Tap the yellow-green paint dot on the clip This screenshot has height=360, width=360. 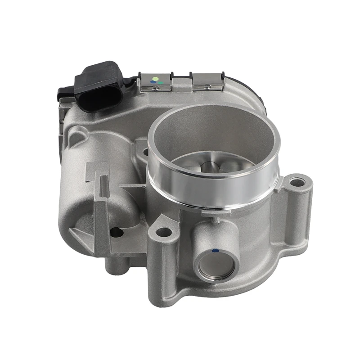(x=155, y=79)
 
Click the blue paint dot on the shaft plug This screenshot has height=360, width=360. (x=215, y=251)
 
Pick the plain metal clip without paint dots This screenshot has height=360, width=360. (x=207, y=81)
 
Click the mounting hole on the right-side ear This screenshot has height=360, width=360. (x=297, y=182)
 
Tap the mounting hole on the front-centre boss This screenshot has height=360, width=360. (x=164, y=232)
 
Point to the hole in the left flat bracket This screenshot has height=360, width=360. (x=116, y=232)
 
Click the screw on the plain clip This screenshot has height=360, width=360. (x=207, y=87)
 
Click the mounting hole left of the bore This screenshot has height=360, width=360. (x=145, y=152)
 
